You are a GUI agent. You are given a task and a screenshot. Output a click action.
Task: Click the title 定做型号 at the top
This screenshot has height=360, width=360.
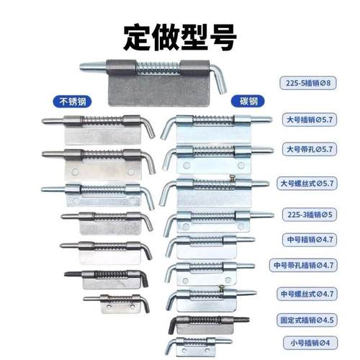click(180, 37)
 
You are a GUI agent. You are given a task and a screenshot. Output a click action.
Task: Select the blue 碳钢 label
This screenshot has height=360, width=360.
click(249, 102)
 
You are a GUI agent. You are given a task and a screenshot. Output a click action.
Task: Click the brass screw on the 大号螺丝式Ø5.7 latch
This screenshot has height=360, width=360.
click(232, 177)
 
